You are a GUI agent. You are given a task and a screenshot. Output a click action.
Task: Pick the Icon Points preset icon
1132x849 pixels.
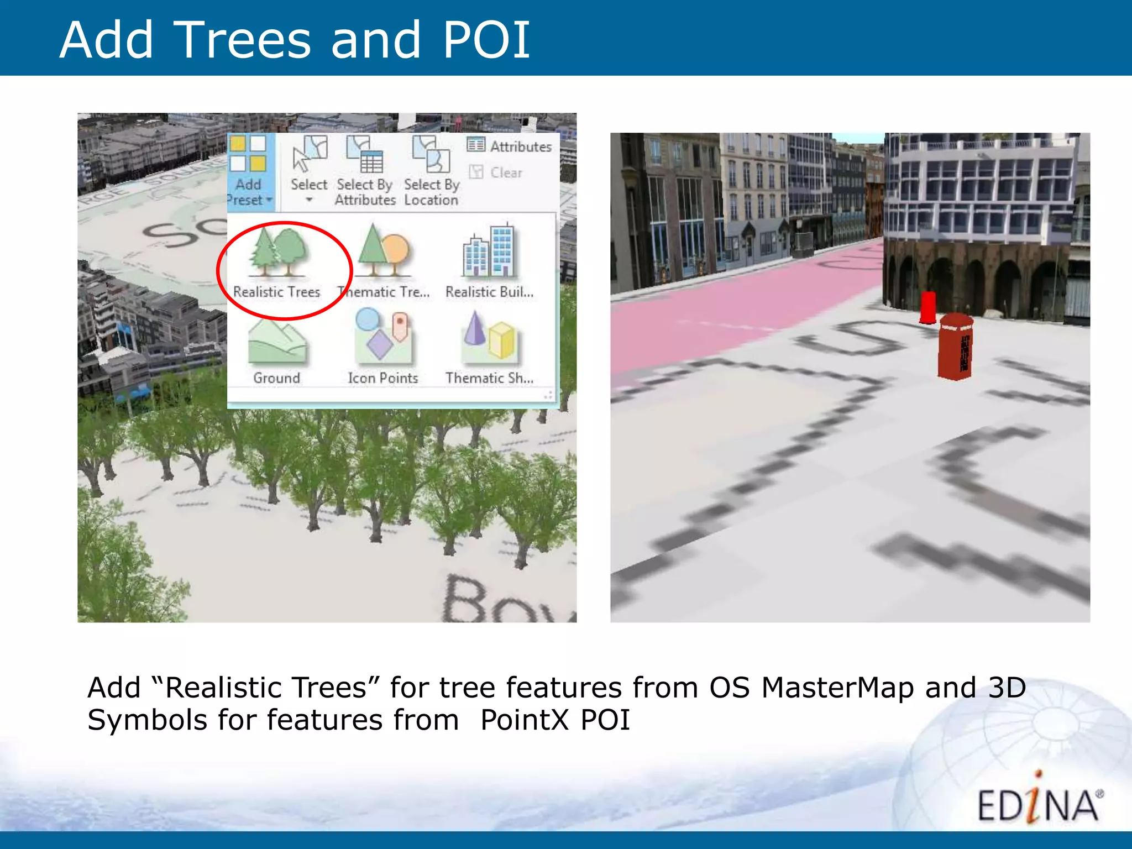[x=383, y=337]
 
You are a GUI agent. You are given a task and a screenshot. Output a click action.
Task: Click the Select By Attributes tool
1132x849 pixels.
[x=365, y=169]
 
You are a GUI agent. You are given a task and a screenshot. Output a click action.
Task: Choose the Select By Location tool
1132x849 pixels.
[x=432, y=169]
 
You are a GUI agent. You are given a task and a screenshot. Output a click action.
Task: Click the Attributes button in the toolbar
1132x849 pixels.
[x=510, y=146]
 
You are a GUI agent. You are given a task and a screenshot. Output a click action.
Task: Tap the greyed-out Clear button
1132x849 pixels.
[x=496, y=172]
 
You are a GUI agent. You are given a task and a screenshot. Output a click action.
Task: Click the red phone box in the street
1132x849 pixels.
[x=956, y=347]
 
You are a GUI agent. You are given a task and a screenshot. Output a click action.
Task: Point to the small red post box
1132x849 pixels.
[x=927, y=307]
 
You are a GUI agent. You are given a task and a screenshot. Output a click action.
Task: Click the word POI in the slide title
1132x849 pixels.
[x=486, y=40]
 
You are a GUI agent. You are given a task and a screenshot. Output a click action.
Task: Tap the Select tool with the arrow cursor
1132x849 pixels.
[x=309, y=169]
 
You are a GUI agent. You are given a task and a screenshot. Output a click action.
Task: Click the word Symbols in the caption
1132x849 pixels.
[x=148, y=720]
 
